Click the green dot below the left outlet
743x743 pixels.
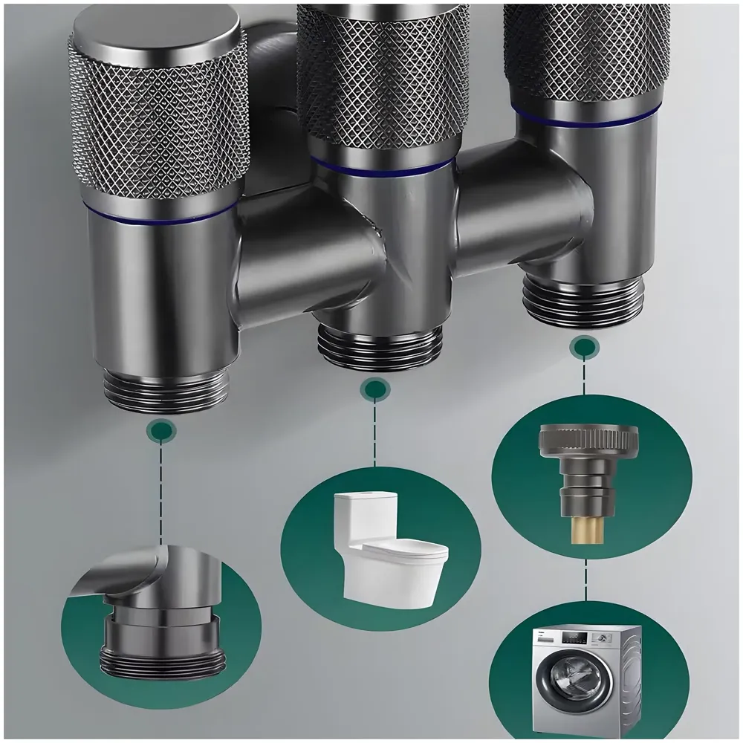pyautogui.click(x=161, y=429)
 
